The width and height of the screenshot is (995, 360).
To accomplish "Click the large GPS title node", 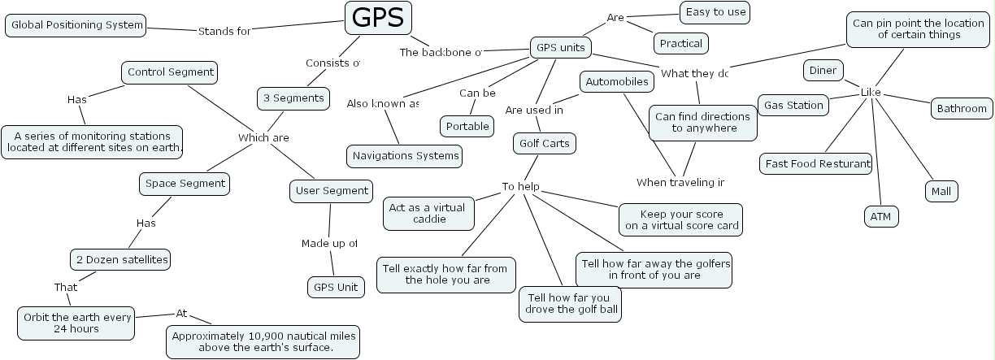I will point(378,18).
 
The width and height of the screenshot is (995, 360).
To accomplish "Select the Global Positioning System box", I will point(77,25).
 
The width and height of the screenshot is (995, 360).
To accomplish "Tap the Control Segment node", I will point(170,72).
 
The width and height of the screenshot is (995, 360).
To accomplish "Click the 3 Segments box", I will point(293,98).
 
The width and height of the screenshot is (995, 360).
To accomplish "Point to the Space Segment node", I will point(185,184).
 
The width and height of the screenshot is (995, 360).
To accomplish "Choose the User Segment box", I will point(330,191).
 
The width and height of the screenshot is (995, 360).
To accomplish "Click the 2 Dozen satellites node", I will point(121,260).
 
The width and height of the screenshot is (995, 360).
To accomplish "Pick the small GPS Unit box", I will point(335,287).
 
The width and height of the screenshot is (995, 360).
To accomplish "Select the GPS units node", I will point(560,47).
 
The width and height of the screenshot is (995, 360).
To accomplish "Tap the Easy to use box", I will point(714,12).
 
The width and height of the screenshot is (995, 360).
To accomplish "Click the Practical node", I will point(680,43).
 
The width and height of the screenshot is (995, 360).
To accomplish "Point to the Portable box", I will point(467,126).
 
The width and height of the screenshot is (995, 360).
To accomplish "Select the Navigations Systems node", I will point(404,155).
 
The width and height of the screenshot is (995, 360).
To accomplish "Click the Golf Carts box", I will point(545,144).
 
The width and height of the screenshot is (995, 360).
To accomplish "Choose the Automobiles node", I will point(617,82).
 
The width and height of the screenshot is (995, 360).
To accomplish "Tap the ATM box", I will point(880,217).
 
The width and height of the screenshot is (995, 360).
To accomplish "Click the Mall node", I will point(941,192).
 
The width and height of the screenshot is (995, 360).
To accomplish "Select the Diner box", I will point(823,71).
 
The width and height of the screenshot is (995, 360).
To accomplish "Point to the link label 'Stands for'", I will point(224,32).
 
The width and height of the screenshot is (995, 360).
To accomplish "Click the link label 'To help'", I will point(520,187).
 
